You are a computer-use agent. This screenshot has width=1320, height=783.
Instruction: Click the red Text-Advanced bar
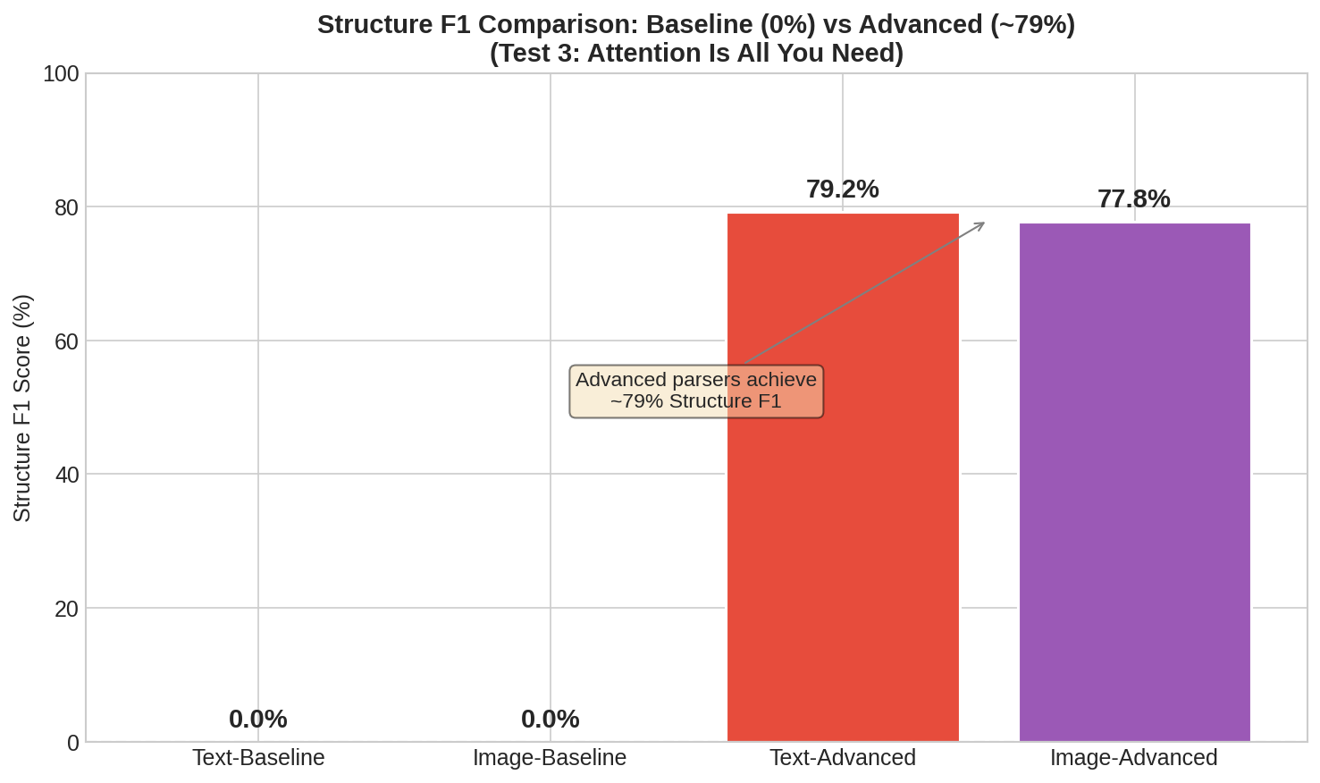(843, 536)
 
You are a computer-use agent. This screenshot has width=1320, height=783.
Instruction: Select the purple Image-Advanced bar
(1134, 536)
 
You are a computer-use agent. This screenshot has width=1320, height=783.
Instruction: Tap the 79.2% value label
(842, 189)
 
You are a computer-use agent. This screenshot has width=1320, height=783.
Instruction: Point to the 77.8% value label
(1133, 199)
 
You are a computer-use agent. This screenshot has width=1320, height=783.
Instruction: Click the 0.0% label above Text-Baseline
(257, 720)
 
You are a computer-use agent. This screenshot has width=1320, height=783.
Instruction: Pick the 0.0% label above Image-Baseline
(550, 720)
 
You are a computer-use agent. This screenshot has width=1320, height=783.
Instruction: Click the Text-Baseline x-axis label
(258, 758)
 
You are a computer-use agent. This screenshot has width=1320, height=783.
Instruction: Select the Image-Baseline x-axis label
(550, 758)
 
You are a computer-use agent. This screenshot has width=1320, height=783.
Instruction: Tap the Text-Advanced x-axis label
(843, 758)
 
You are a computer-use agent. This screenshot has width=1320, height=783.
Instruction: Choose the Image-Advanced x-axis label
(1133, 758)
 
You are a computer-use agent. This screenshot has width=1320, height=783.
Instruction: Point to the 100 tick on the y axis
(61, 74)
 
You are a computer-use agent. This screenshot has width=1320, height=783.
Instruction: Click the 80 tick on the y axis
(67, 207)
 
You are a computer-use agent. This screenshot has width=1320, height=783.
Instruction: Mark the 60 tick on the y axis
(67, 341)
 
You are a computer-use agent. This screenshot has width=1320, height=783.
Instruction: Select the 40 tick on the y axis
(67, 475)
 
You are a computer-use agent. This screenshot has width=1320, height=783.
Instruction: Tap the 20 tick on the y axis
(67, 609)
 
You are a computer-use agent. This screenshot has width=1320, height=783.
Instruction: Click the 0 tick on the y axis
(72, 743)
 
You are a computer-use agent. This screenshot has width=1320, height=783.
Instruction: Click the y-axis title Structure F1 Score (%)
(22, 408)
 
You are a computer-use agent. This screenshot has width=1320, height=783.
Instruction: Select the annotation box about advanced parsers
(696, 391)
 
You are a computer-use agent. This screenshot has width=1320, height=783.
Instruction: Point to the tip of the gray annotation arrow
(984, 223)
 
